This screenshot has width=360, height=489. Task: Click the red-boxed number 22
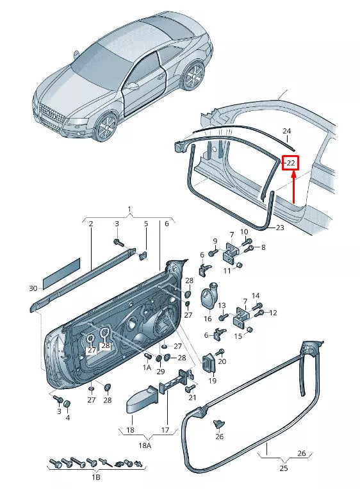click(x=290, y=163)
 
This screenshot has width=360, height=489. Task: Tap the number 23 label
click(x=280, y=228)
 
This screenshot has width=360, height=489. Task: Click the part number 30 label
click(x=33, y=288)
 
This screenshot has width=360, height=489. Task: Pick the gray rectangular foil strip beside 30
click(x=61, y=270)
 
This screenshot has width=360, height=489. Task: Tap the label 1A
click(x=147, y=367)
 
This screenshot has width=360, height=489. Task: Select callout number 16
click(x=243, y=231)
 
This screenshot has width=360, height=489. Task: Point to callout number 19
click(x=213, y=381)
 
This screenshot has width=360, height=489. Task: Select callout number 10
click(x=243, y=231)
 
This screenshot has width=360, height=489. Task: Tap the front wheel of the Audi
click(x=105, y=126)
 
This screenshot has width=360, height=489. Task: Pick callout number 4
click(x=67, y=418)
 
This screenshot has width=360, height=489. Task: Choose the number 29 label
click(x=160, y=372)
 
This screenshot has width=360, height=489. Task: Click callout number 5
click(x=145, y=224)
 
